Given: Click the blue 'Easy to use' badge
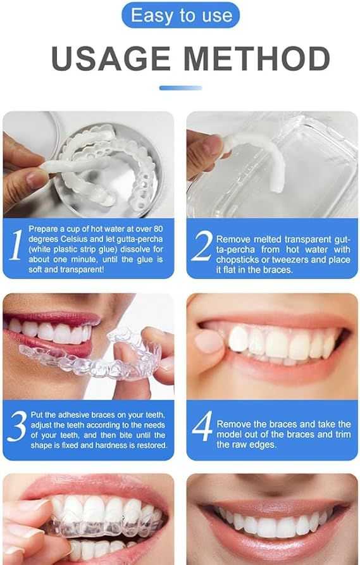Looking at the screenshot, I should [180, 15].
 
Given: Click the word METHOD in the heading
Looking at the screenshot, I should [266, 59].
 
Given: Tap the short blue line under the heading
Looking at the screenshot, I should [180, 87].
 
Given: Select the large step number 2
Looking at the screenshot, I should [201, 247].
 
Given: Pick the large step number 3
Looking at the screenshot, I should [17, 426].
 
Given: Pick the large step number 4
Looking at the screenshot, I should [202, 427].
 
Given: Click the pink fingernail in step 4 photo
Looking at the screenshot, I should [208, 342].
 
